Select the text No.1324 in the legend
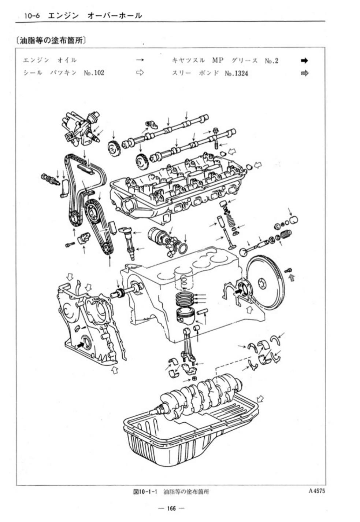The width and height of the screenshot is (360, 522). click(236, 74)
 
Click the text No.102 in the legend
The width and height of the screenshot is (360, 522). click(94, 73)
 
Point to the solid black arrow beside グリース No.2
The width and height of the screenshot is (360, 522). click(304, 60)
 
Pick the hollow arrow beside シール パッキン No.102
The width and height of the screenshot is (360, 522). click(140, 73)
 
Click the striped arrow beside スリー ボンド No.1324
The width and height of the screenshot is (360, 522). click(304, 73)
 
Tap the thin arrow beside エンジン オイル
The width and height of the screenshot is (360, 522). click(140, 60)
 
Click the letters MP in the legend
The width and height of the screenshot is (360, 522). click(218, 60)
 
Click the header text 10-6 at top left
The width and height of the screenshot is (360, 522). click(32, 16)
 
